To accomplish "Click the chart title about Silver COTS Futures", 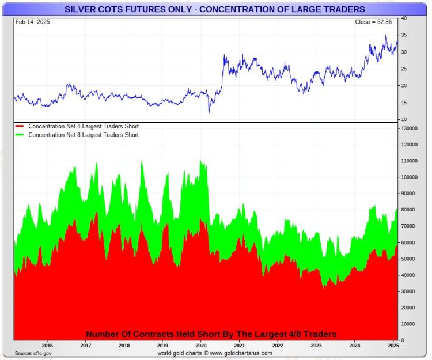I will [214, 9].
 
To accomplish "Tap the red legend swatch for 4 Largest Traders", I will [20, 126].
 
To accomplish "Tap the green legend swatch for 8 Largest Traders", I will [20, 135].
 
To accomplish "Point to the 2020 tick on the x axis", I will [201, 346].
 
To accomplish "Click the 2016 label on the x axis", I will [47, 346].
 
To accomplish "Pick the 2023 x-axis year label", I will [316, 346].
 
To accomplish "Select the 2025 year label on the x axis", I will [393, 346].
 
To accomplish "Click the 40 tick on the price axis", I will [404, 18].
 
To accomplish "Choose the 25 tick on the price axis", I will [404, 69].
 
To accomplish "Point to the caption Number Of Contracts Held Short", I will [211, 334].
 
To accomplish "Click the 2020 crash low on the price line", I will [210, 113].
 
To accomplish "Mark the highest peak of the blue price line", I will [386, 36].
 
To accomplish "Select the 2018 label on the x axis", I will [124, 346].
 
